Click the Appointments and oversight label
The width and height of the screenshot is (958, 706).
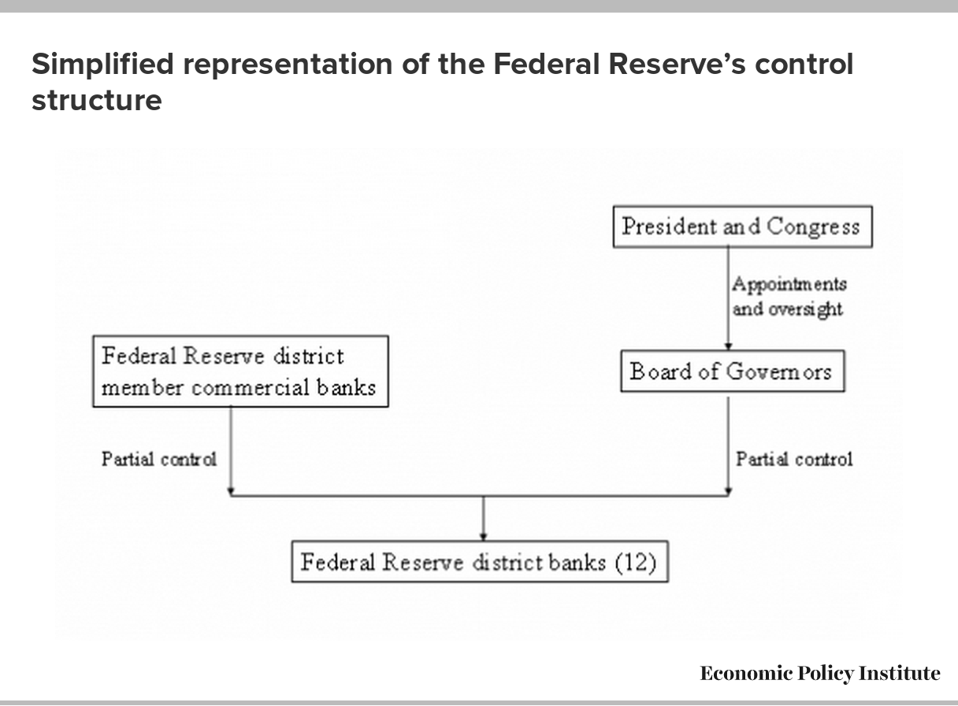point(789,297)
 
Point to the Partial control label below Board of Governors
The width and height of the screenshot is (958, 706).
point(794,460)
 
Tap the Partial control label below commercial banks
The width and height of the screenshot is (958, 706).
point(159,460)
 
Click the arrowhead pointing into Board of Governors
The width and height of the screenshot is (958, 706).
point(728,346)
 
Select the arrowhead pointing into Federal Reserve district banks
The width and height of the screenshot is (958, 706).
point(483,537)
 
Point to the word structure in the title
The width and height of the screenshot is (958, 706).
point(97,101)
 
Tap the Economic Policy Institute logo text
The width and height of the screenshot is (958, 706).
point(820,674)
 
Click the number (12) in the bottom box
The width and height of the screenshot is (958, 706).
point(636,563)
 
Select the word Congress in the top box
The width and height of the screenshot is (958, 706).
point(812,227)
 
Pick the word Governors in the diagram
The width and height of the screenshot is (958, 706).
point(779,371)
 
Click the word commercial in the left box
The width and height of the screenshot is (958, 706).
point(251,388)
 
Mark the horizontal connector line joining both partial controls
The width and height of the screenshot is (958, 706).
point(480,496)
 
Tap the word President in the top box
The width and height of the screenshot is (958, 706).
point(669,227)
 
